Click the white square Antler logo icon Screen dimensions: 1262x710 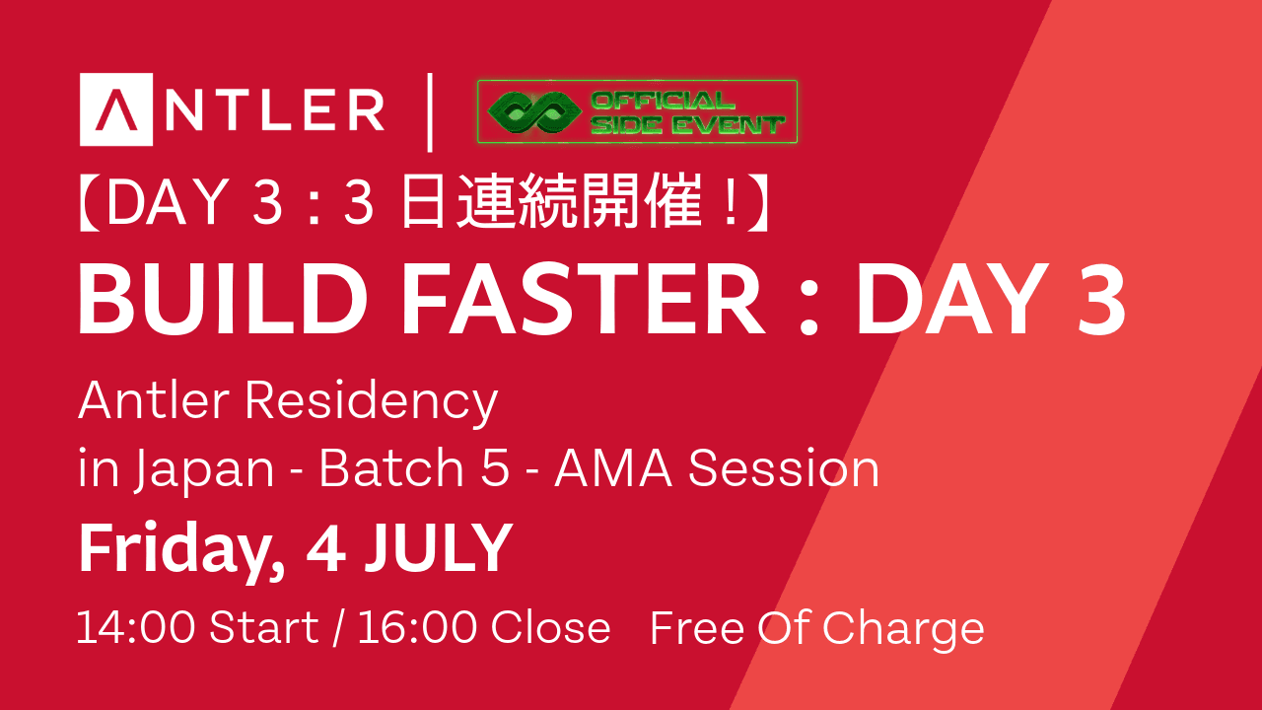(x=116, y=109)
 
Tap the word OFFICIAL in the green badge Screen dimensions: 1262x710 (x=663, y=101)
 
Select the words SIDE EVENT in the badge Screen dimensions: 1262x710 (x=687, y=125)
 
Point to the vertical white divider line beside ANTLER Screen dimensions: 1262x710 (x=430, y=112)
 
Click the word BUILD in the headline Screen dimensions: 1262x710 (x=223, y=300)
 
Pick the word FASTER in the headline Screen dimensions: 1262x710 (x=583, y=300)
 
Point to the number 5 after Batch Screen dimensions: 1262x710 (x=495, y=467)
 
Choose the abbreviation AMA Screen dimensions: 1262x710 (x=614, y=467)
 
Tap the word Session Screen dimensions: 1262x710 (x=784, y=467)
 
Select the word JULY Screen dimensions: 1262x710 (x=439, y=547)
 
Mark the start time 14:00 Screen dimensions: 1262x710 (x=136, y=626)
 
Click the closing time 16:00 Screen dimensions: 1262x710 (x=417, y=626)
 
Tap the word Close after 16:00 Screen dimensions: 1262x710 (x=550, y=626)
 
